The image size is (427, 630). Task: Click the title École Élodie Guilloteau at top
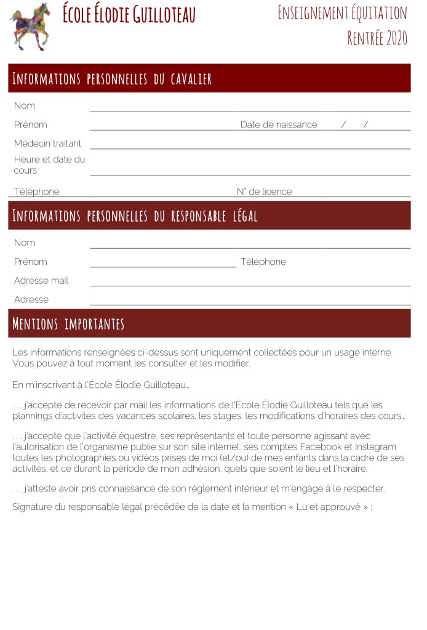[x=129, y=14]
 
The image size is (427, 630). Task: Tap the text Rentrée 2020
[x=377, y=38]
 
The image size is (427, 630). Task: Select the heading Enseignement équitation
[x=342, y=12]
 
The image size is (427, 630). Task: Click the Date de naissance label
[x=279, y=125]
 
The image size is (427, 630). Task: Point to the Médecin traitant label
[x=47, y=143]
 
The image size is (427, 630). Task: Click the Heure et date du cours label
[x=49, y=165]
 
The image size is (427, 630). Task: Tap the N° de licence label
[x=264, y=192]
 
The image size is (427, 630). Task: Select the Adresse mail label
[x=41, y=281]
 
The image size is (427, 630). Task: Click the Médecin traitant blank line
[x=250, y=148]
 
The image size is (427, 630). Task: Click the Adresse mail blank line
[x=250, y=285]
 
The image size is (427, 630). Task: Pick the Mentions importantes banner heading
[x=68, y=324]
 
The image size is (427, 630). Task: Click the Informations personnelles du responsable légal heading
[x=135, y=216]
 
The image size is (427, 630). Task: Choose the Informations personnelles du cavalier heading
[x=112, y=79]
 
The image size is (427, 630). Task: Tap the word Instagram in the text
[x=374, y=446]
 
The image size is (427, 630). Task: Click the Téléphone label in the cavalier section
[x=37, y=192]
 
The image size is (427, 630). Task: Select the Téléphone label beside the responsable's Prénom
[x=263, y=262]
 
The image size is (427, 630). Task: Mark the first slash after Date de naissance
[x=343, y=125]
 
